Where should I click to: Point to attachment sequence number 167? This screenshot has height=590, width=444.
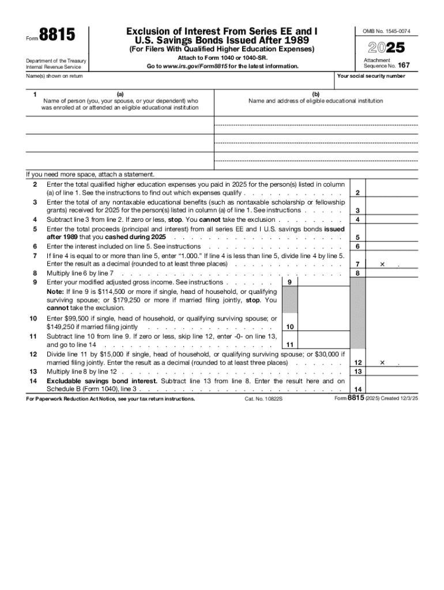pyautogui.click(x=404, y=65)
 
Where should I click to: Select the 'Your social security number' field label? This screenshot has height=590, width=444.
pyautogui.click(x=371, y=76)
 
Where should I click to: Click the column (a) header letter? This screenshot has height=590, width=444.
pyautogui.click(x=120, y=93)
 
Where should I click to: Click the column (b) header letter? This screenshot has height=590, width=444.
pyautogui.click(x=315, y=93)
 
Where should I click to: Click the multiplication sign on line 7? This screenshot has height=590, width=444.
pyautogui.click(x=382, y=264)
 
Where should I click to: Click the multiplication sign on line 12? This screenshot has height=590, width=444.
pyautogui.click(x=382, y=363)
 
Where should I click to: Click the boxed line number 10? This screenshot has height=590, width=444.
pyautogui.click(x=290, y=327)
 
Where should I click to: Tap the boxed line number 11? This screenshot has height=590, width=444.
pyautogui.click(x=290, y=345)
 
